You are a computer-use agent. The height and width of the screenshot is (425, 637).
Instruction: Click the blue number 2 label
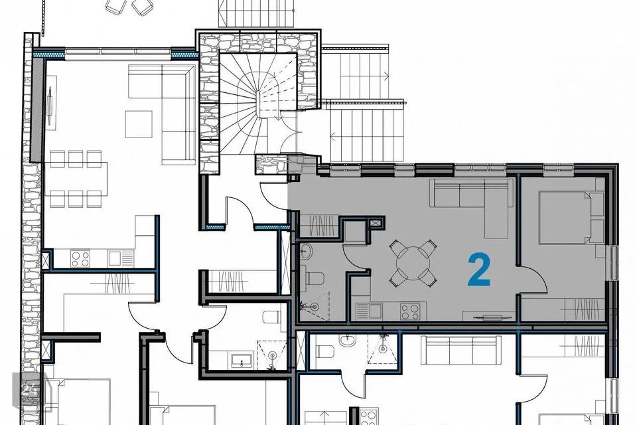(x=479, y=269)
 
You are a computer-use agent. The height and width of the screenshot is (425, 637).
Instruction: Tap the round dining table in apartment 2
(x=413, y=263)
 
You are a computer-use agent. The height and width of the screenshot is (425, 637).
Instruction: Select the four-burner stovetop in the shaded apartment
(x=410, y=311)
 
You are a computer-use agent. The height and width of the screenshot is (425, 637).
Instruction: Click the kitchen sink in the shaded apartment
(x=369, y=311)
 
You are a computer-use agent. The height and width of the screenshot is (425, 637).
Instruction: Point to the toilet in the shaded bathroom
(x=314, y=279)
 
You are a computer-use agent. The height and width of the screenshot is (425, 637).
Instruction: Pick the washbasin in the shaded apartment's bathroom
(x=306, y=252)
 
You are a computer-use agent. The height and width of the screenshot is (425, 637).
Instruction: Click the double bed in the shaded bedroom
(x=571, y=218)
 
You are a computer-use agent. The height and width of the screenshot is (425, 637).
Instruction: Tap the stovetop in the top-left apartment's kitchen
(x=80, y=259)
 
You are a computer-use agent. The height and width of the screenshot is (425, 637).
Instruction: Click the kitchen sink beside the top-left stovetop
(x=121, y=259)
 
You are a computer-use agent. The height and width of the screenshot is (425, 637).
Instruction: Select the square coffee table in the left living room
(x=139, y=124)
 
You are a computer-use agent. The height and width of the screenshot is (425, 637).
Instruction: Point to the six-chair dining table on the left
(x=76, y=179)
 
